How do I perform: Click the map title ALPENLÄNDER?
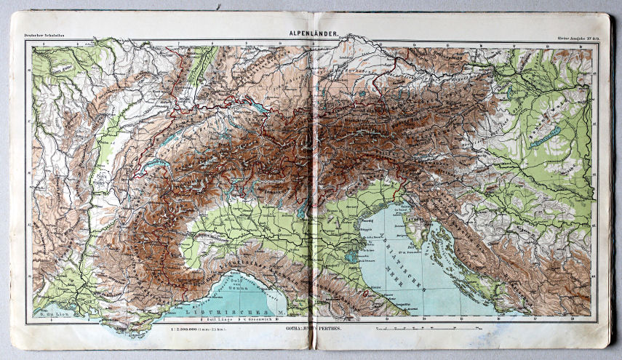tap(311, 33)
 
